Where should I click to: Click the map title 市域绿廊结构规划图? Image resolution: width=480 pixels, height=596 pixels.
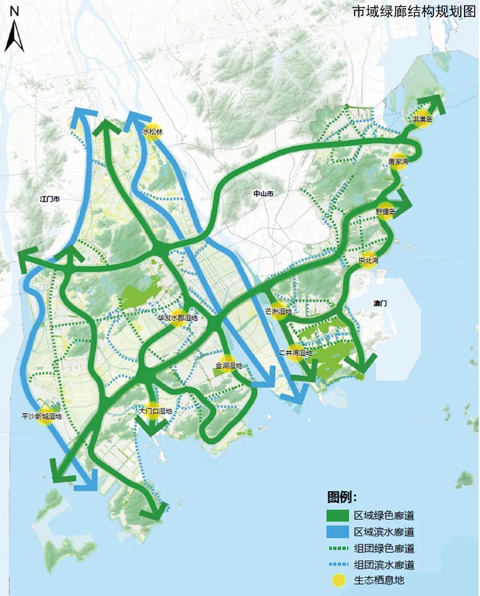tap(414, 11)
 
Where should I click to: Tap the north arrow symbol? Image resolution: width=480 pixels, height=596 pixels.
tap(14, 31)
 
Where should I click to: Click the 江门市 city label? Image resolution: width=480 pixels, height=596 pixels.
tap(50, 199)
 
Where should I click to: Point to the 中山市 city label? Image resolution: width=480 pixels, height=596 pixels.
tap(264, 194)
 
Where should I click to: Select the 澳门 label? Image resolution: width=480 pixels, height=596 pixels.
tap(380, 303)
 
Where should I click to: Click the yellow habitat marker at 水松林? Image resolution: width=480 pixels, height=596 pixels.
tap(152, 132)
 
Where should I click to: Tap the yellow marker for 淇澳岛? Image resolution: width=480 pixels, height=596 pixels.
tap(422, 119)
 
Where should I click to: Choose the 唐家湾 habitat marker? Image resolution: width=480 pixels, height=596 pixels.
tap(398, 161)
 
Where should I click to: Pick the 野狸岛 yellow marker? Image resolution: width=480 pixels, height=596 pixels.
tap(385, 212)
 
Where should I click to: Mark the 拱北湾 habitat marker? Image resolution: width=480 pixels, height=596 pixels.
tap(368, 260)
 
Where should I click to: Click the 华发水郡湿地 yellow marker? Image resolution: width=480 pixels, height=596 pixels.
tap(177, 318)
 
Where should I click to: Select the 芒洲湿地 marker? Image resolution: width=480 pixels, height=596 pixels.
tap(279, 311)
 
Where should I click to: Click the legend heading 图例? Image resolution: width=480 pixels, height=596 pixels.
tap(342, 496)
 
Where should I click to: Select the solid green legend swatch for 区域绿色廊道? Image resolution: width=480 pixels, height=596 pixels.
tap(337, 516)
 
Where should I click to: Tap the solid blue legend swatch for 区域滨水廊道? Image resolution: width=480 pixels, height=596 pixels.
tap(337, 532)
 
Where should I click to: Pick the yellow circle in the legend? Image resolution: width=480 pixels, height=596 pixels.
tap(338, 580)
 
